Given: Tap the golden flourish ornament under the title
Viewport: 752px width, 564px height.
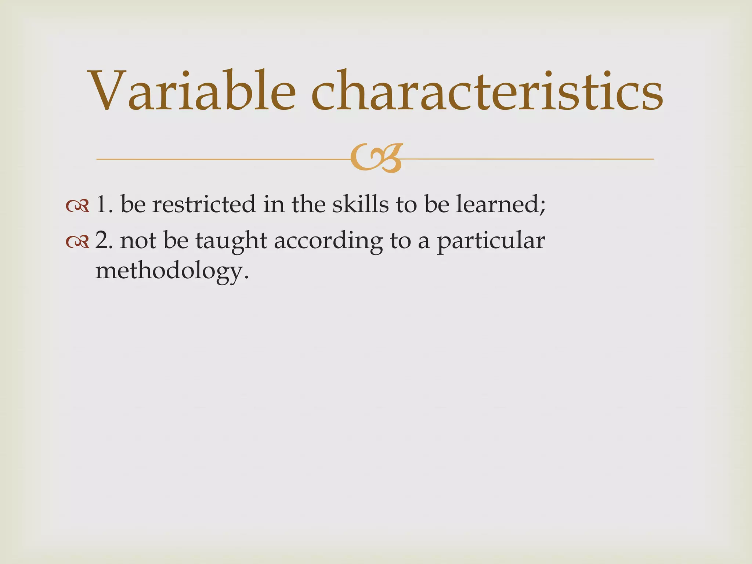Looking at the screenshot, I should pyautogui.click(x=376, y=158).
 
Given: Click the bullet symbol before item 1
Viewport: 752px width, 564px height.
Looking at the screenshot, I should pyautogui.click(x=77, y=206).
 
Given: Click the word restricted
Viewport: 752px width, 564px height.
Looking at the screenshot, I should pyautogui.click(x=204, y=204).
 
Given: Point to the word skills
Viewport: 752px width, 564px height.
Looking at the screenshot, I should pyautogui.click(x=360, y=204).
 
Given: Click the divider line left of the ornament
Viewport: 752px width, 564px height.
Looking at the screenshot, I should pyautogui.click(x=220, y=159).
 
